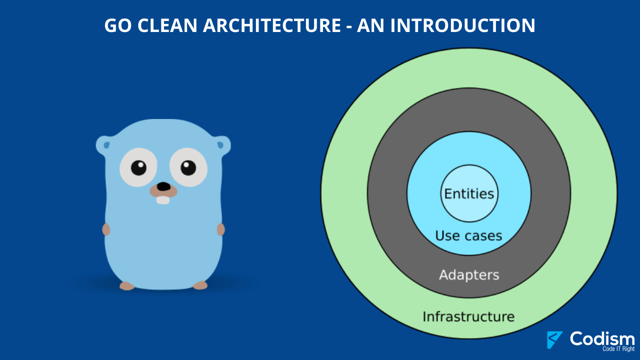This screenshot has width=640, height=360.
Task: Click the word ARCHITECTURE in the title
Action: (x=271, y=25)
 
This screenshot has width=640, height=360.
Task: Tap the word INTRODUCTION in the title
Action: (x=463, y=25)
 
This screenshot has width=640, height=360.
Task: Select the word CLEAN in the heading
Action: (x=167, y=25)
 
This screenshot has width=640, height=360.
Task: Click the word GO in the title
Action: (x=117, y=25)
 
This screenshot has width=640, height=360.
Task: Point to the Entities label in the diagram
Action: (x=469, y=193)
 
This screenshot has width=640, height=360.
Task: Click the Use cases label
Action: (x=468, y=235)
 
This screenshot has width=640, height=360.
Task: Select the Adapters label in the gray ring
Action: (x=469, y=275)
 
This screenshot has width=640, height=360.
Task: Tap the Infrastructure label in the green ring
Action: (x=468, y=316)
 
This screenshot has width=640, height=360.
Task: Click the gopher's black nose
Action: (x=163, y=186)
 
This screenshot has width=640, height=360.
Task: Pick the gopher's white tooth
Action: (x=163, y=200)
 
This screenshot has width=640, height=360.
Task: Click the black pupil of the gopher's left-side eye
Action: (x=138, y=167)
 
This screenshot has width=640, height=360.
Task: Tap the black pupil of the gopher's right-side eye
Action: (x=188, y=167)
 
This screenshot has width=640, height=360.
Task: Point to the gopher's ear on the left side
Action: (x=103, y=145)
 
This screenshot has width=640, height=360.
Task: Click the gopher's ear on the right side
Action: (x=223, y=145)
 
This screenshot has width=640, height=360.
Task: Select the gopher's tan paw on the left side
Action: (x=106, y=229)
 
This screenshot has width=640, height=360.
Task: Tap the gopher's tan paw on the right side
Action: (x=221, y=229)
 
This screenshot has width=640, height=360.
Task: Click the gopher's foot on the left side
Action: (x=127, y=286)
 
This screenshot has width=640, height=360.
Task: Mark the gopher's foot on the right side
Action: (x=200, y=285)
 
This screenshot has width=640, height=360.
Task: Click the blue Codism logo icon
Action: (x=554, y=339)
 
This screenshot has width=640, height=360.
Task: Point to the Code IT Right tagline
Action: (x=618, y=349)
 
